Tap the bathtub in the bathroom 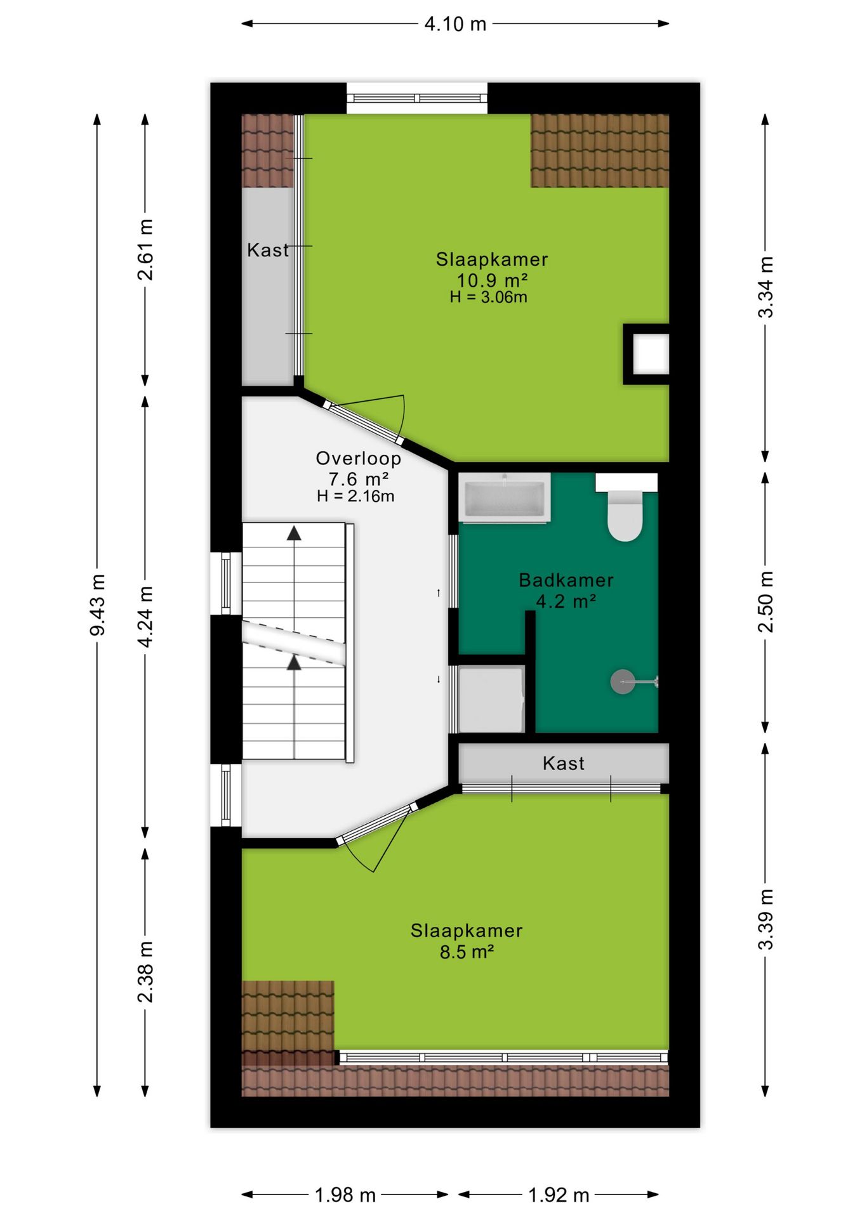(505, 498)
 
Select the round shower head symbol (622, 682)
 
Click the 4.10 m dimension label (455, 24)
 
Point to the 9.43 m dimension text (98, 605)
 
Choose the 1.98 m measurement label (345, 1195)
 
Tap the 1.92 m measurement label (559, 1195)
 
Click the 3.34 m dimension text (766, 287)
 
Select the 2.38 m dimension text (145, 972)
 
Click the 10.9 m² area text (493, 280)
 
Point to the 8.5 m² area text (467, 952)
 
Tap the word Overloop (359, 458)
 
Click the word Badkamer (566, 580)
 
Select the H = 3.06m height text (489, 297)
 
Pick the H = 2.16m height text (355, 496)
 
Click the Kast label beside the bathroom (564, 763)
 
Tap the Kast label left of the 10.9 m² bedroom (268, 250)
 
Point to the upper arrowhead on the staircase (294, 533)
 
